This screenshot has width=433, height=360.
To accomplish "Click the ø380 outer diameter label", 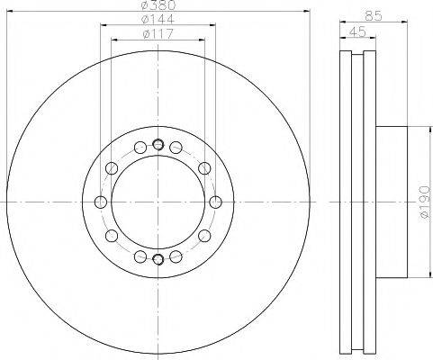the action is pos(158,4).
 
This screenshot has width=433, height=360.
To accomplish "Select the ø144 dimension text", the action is pos(158,20).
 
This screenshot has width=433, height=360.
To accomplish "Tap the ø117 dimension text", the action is pos(158,34).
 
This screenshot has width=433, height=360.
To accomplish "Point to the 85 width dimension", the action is pos(374,15).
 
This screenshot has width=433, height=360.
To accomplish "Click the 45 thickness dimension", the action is pos(357,31).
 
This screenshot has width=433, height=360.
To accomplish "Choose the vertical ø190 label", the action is pos(426,202).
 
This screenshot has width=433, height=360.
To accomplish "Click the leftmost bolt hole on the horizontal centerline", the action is pos(101,202).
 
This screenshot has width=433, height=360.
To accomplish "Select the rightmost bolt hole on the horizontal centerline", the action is pos(215,202).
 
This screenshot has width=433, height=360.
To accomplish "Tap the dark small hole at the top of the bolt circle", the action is pos(158,145).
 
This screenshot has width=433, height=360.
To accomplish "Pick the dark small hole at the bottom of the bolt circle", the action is pos(158,258).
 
